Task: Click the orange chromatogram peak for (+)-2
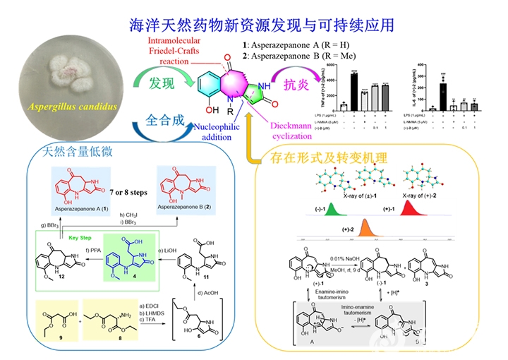pyautogui.click(x=365, y=229)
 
